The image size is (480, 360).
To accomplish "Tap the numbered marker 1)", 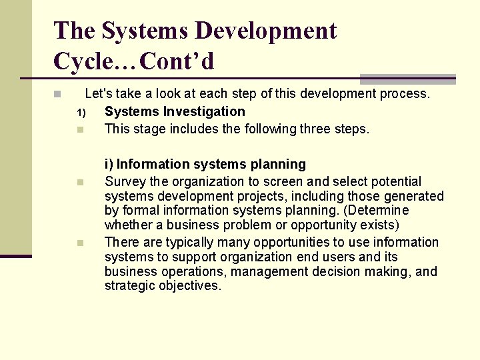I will point(81,112).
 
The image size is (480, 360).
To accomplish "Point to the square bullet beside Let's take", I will point(58,94).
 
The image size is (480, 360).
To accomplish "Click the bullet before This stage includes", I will point(80,129).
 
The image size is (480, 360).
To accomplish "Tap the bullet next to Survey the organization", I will point(80,182).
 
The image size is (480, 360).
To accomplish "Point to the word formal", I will point(139,211).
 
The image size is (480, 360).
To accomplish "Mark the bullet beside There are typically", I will point(80,243).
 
